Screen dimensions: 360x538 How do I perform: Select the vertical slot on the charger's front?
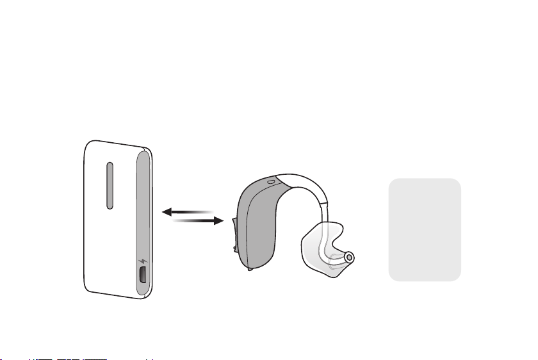click(110, 185)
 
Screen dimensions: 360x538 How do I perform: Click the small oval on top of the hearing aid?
click(272, 181)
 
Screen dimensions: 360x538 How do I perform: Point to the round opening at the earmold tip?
click(349, 258)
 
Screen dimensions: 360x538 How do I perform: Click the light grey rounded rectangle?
click(424, 229)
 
